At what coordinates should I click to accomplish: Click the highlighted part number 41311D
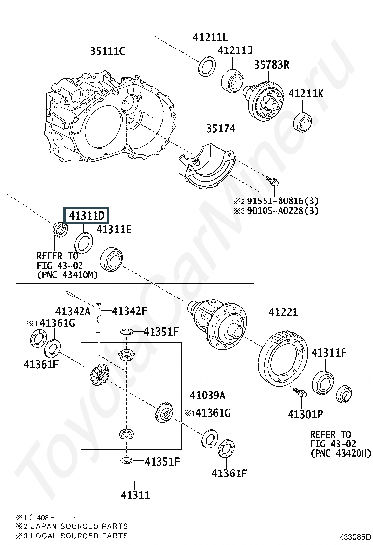[86, 216]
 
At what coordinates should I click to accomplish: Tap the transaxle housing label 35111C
[107, 51]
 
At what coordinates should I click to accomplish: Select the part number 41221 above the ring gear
[283, 312]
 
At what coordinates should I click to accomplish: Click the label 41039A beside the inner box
[208, 395]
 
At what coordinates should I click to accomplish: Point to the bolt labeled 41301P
[301, 393]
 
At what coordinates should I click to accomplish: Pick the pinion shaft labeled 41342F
[99, 318]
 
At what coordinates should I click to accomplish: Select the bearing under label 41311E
[111, 259]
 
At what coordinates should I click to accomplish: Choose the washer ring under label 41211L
[207, 66]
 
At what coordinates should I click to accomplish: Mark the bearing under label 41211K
[303, 122]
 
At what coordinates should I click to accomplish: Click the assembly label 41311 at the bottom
[135, 495]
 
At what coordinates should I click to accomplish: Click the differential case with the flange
[217, 322]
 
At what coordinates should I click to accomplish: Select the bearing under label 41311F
[322, 383]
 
